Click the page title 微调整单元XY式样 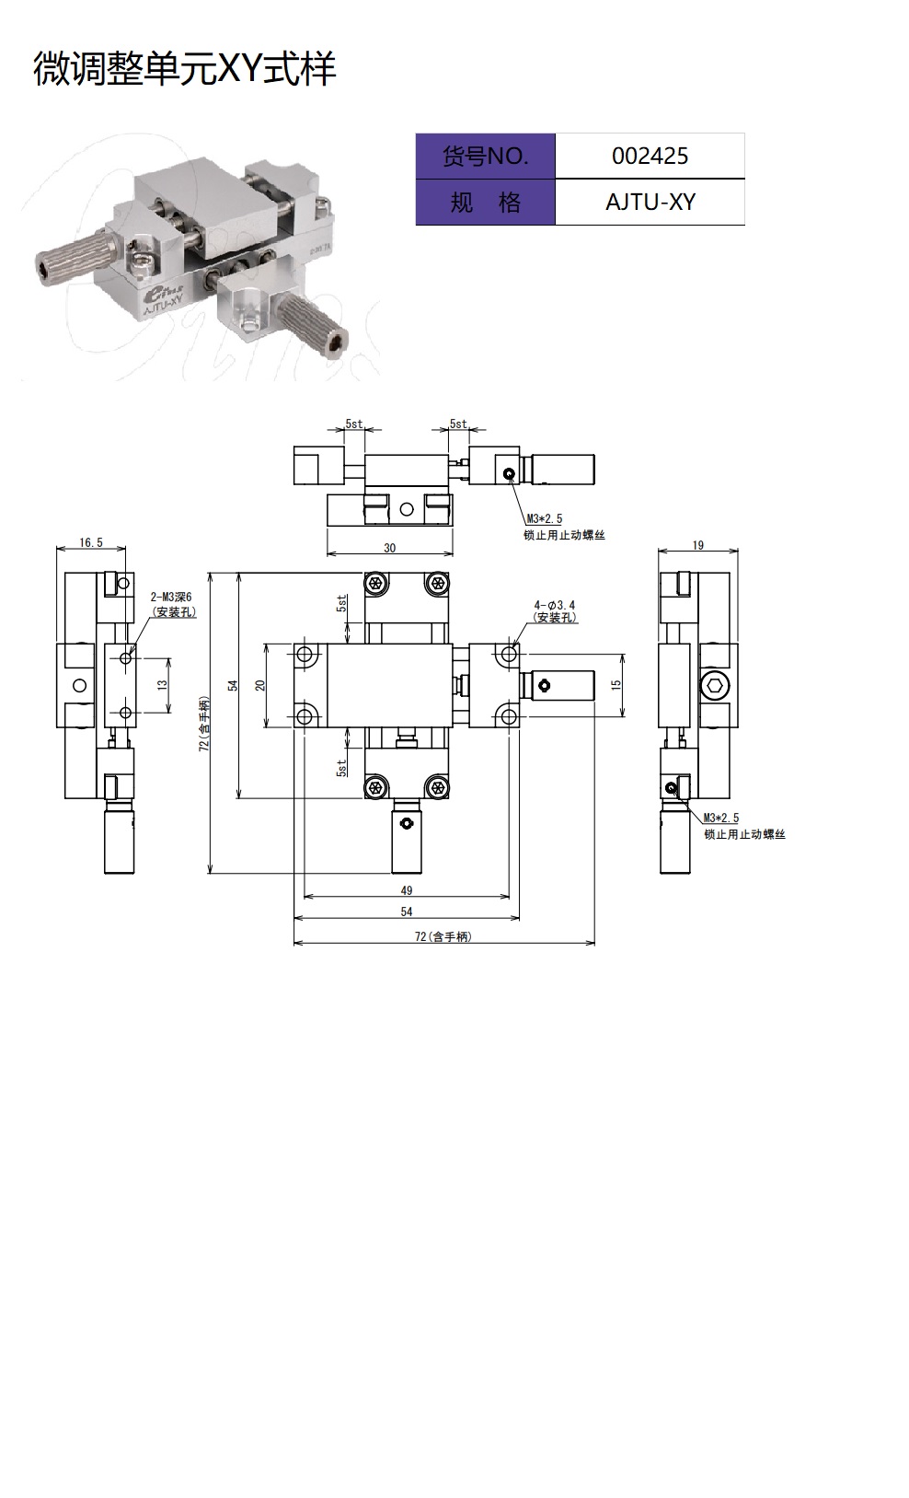coord(185,68)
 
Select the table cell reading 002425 coord(650,156)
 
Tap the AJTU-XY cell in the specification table coord(650,202)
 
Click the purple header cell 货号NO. coord(485,156)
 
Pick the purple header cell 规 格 coord(485,202)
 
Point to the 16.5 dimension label coord(91,542)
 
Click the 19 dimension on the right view coord(697,545)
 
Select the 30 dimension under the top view coord(390,548)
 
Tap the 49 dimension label coord(407,890)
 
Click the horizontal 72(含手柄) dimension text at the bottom coord(443,936)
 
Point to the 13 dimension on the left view coord(162,685)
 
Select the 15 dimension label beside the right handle coord(616,685)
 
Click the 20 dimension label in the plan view coord(260,685)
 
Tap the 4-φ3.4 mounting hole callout coord(555,605)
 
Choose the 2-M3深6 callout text coord(171,597)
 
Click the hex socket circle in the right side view coord(715,685)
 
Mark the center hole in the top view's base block coord(407,509)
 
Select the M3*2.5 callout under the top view coord(545,518)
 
